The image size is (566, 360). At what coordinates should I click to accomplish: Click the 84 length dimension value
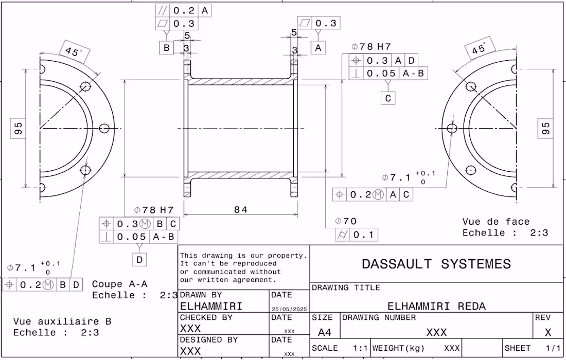click(241, 209)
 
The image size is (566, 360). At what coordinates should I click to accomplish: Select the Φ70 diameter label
click(346, 221)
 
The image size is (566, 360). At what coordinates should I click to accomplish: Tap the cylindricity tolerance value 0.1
click(363, 235)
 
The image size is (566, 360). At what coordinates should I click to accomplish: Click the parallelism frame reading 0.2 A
click(183, 10)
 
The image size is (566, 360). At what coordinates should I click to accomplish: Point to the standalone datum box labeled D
click(139, 259)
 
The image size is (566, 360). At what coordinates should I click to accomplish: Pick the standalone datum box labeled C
click(388, 98)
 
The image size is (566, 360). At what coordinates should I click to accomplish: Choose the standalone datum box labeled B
click(166, 48)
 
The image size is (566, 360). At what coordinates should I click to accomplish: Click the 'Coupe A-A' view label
click(120, 284)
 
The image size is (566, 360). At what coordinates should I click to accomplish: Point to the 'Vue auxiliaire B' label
click(62, 321)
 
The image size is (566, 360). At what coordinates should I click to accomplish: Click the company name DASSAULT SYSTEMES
click(436, 264)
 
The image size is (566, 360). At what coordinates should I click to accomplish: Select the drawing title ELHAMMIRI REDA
click(436, 306)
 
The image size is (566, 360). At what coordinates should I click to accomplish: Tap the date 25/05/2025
click(289, 309)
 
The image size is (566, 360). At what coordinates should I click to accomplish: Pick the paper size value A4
click(325, 332)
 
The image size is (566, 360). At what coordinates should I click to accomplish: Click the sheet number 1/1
click(553, 348)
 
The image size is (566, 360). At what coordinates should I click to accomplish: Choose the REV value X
click(548, 332)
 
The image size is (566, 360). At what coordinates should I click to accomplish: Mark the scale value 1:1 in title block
click(360, 348)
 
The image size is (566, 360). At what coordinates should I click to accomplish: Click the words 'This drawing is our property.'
click(244, 256)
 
